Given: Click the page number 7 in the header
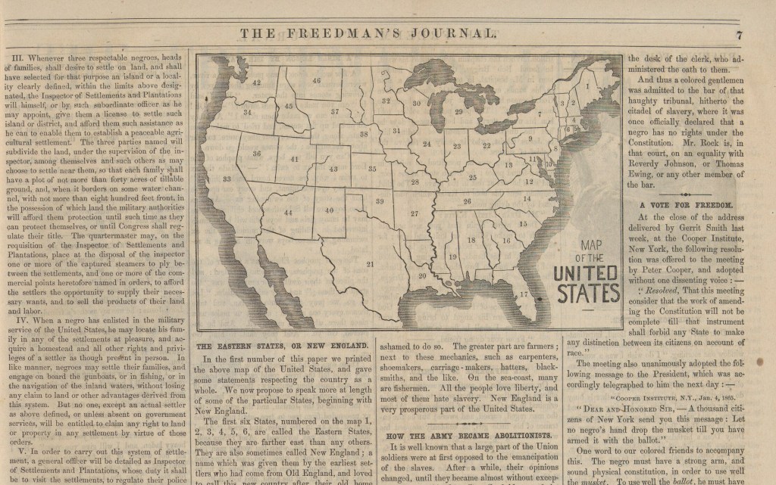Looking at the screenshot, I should click(x=738, y=33).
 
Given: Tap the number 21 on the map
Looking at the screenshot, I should click(x=370, y=264).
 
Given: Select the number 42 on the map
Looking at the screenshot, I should click(x=257, y=82).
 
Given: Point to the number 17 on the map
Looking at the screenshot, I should click(x=524, y=294).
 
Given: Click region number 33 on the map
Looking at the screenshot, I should click(x=227, y=179).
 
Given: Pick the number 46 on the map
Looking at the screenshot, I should click(x=316, y=80).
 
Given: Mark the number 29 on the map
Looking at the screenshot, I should click(x=458, y=111).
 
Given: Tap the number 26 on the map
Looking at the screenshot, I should click(x=468, y=201).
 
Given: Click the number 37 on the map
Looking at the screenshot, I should click(x=334, y=111).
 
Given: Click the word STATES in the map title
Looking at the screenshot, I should click(x=587, y=291).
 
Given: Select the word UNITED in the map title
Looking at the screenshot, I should click(x=587, y=273).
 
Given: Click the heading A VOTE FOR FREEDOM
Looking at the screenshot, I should click(x=687, y=204).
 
